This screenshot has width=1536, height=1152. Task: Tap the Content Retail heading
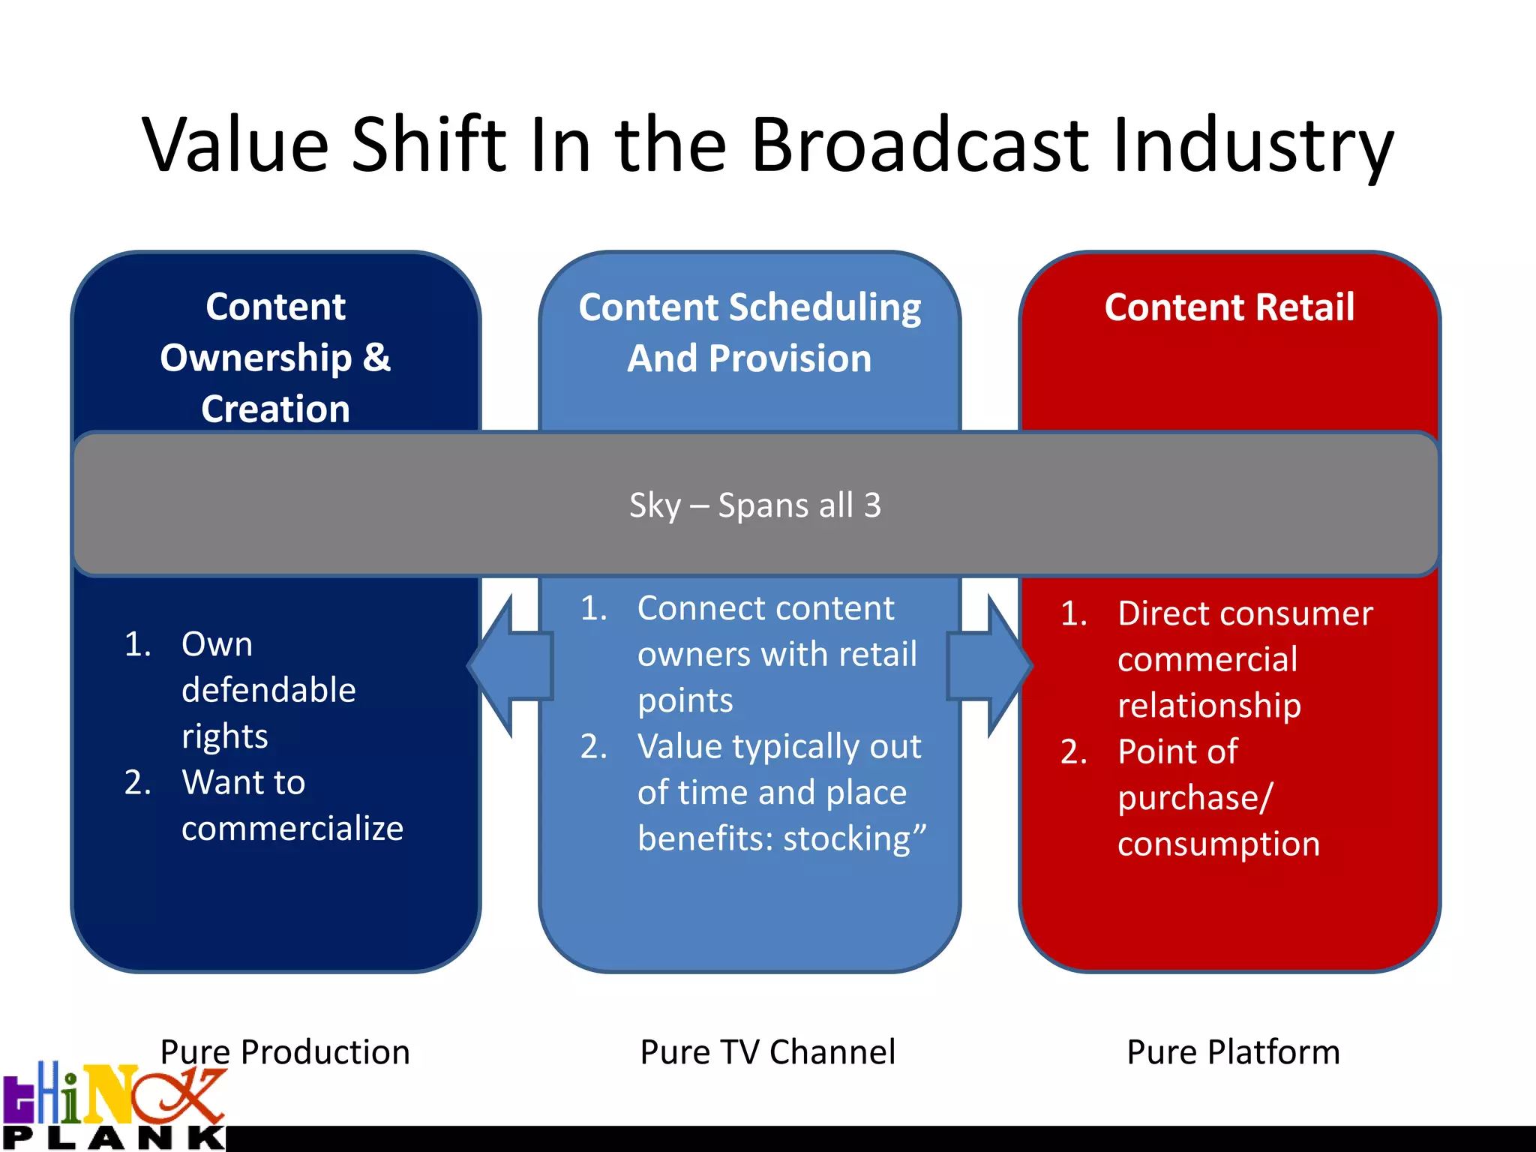1229,307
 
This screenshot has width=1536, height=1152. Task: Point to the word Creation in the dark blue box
275,409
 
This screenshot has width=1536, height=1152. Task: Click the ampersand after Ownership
376,358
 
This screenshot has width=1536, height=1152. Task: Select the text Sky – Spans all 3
754,505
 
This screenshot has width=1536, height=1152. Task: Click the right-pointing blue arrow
990,666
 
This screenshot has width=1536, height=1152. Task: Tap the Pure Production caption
285,1052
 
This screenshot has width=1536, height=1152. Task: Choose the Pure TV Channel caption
767,1052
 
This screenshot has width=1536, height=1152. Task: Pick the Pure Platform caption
1233,1052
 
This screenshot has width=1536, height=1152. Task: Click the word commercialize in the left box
292,829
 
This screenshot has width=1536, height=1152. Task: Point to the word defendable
268,690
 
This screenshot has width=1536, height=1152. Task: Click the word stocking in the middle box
847,839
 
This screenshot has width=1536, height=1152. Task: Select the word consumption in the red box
1218,844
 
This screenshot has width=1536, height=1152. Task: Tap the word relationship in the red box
1209,706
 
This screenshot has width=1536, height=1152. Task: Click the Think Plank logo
112,1106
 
